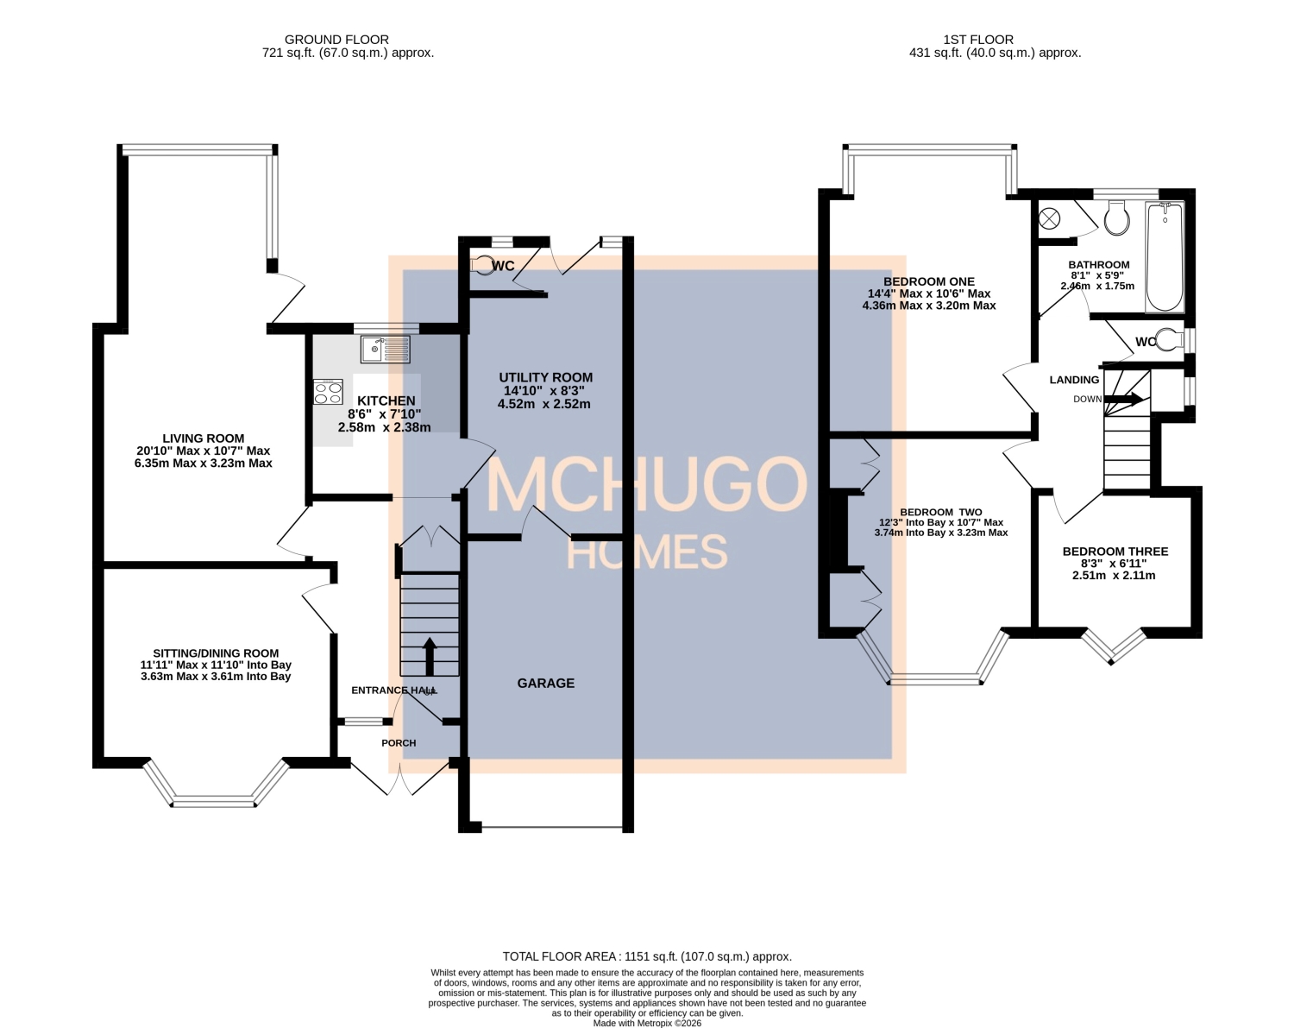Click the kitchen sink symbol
386,350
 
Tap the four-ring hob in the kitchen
328,392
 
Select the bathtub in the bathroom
1164,256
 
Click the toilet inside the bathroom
1116,218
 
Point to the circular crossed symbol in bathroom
1050,219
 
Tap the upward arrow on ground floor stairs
429,655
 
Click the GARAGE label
545,683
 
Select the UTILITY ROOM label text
545,377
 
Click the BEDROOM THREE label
1115,552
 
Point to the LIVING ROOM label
203,438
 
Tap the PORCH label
399,743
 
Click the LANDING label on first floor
1074,380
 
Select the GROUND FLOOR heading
336,39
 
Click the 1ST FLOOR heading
977,39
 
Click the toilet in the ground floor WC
483,265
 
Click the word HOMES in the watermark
646,552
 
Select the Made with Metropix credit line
647,1023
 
